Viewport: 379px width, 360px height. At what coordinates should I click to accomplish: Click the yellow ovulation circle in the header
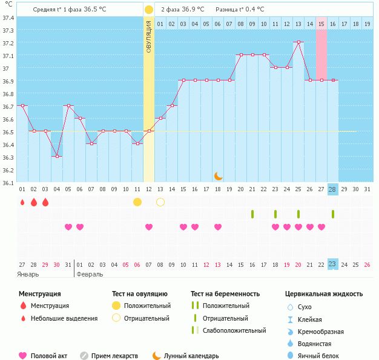[149, 10]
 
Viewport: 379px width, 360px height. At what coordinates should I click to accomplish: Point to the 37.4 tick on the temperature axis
[8, 18]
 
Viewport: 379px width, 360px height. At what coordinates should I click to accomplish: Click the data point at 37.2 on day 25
[298, 42]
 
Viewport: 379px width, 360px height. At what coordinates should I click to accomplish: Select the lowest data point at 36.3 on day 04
[57, 156]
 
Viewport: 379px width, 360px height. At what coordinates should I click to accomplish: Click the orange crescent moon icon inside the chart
[218, 175]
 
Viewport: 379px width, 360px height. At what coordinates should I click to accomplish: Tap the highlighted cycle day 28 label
[332, 189]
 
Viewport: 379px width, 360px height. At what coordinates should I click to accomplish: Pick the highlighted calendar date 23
[332, 264]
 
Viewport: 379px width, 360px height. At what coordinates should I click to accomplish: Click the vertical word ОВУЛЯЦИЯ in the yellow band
[149, 36]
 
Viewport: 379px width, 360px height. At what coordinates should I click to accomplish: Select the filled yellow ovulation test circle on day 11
[137, 201]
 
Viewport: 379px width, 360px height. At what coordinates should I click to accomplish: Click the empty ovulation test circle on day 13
[160, 201]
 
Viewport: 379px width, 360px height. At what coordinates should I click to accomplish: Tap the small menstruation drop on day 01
[22, 202]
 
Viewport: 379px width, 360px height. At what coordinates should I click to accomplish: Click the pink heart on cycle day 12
[149, 227]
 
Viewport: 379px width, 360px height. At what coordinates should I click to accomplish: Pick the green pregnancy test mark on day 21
[252, 214]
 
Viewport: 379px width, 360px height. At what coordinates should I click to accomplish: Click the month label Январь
[28, 274]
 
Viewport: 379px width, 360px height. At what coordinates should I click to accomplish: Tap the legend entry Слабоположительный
[234, 330]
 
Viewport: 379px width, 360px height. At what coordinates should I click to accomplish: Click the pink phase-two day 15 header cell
[321, 24]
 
